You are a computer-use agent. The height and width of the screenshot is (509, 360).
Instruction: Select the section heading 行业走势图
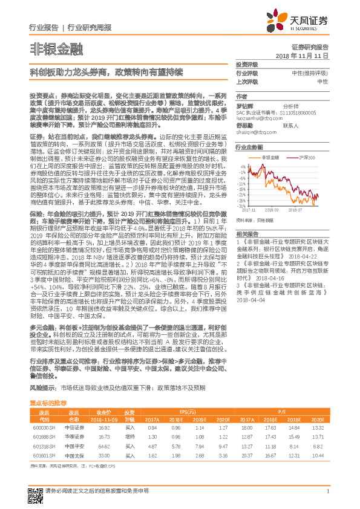(249, 147)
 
